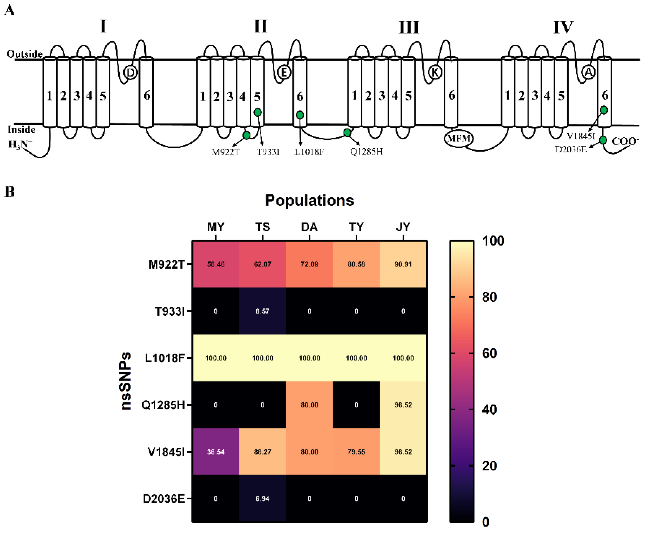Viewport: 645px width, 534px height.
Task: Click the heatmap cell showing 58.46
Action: [216, 264]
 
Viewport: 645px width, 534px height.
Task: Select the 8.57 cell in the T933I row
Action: [262, 311]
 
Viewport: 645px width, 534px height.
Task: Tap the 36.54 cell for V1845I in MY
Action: [216, 452]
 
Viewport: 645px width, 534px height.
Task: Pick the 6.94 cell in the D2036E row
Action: [262, 499]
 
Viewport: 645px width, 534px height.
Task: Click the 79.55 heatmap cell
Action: [356, 452]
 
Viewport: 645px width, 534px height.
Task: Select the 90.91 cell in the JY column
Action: [403, 264]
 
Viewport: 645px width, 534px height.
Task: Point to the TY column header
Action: [356, 227]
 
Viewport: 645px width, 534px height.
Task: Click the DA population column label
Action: [309, 227]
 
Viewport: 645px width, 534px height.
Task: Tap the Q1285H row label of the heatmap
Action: [163, 405]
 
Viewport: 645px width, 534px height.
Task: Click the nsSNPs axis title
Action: [125, 381]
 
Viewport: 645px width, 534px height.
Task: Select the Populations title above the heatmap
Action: [309, 200]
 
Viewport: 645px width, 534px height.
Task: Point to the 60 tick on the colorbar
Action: [489, 353]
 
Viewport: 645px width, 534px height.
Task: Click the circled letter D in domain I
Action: [130, 73]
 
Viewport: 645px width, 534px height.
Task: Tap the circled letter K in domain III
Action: [435, 72]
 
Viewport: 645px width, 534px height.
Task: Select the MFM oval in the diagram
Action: [459, 138]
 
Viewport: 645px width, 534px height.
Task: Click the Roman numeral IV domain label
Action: [563, 27]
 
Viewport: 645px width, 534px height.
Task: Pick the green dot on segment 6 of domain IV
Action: [604, 110]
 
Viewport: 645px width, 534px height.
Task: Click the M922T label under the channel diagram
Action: [225, 152]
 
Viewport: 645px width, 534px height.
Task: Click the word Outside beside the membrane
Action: [24, 54]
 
